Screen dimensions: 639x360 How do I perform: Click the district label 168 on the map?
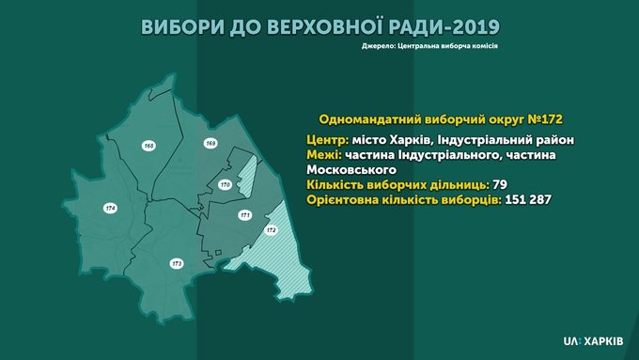[x=149, y=146]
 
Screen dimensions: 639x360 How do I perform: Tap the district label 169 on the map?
[x=210, y=143]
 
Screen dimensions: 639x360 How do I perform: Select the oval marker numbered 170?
[x=225, y=184]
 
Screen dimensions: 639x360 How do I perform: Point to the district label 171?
[x=245, y=215]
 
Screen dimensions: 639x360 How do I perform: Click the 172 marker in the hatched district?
[x=271, y=230]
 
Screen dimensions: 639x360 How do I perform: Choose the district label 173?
[x=177, y=264]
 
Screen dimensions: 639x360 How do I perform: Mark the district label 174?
[x=110, y=209]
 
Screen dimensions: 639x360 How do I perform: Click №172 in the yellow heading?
[x=545, y=119]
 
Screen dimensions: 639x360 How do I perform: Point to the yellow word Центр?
[x=328, y=140]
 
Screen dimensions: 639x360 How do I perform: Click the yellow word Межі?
[x=324, y=155]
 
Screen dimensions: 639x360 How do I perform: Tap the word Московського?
[x=351, y=169]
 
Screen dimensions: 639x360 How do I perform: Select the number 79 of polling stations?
[x=500, y=184]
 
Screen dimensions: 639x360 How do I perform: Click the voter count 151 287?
[x=528, y=200]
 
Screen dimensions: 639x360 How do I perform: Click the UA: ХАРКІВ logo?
[x=593, y=341]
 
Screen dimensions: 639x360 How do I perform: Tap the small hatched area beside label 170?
[x=246, y=176]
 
